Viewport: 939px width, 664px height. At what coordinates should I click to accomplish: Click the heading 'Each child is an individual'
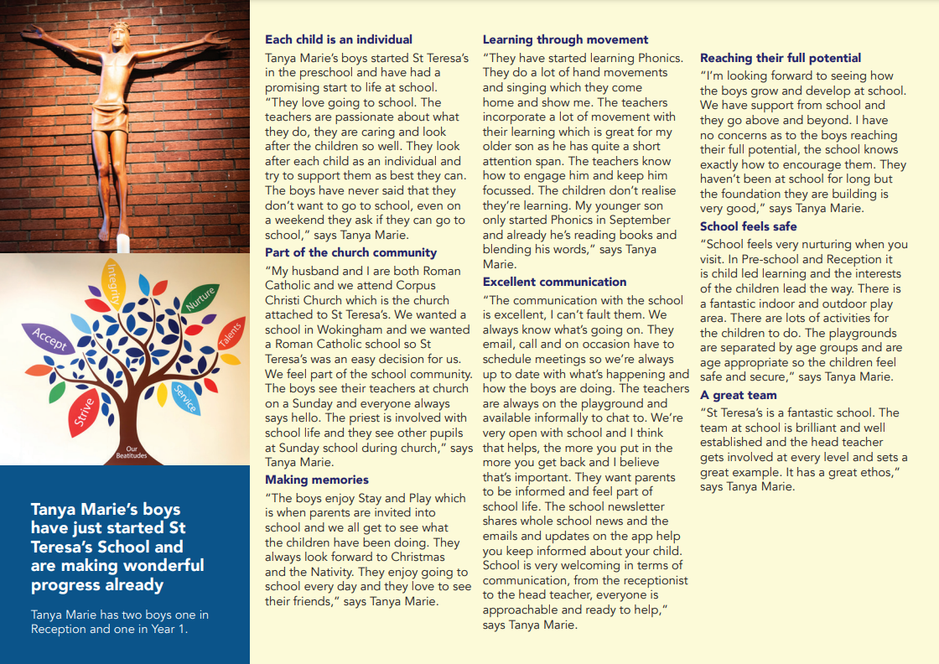(x=339, y=39)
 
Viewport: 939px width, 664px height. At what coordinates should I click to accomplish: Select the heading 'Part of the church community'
(x=350, y=252)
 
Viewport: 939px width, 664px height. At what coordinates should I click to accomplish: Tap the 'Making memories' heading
(x=317, y=480)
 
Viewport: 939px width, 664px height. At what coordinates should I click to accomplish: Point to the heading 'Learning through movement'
(x=565, y=39)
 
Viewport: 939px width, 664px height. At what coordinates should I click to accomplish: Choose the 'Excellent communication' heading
(x=554, y=282)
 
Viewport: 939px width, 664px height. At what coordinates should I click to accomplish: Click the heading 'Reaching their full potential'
(x=781, y=58)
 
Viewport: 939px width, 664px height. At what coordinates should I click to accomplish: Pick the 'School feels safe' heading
(x=749, y=226)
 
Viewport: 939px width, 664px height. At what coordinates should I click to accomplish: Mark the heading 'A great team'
(x=739, y=395)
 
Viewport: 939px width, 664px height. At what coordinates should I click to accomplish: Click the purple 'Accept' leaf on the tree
(x=49, y=340)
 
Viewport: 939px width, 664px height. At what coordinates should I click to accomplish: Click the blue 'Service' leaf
(x=184, y=398)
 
